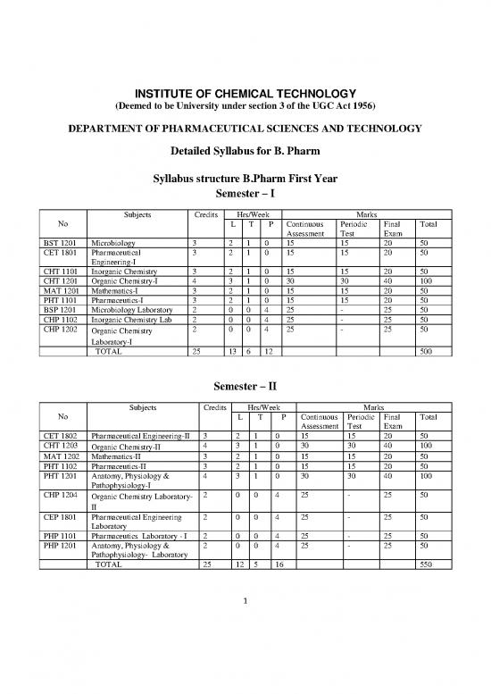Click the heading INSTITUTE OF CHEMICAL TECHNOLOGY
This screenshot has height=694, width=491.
245,96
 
